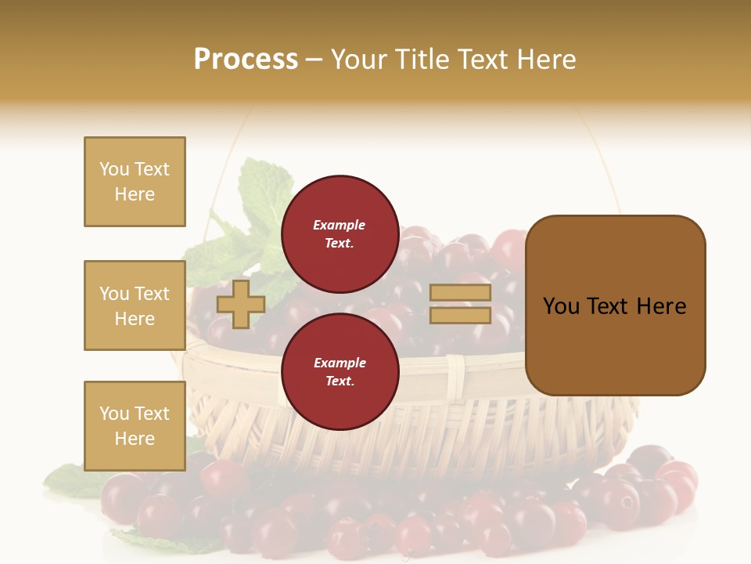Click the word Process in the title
click(x=246, y=59)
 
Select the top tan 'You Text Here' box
click(x=135, y=182)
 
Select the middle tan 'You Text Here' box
click(x=135, y=305)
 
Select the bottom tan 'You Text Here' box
click(x=135, y=426)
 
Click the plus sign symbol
click(x=240, y=304)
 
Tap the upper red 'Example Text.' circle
click(x=340, y=233)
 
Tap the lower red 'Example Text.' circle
click(x=340, y=371)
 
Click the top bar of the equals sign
click(x=460, y=293)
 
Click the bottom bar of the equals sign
click(x=460, y=316)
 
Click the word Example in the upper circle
click(x=340, y=225)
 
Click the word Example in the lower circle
click(x=340, y=363)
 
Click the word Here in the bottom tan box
click(x=135, y=439)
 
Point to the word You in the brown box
click(x=560, y=306)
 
